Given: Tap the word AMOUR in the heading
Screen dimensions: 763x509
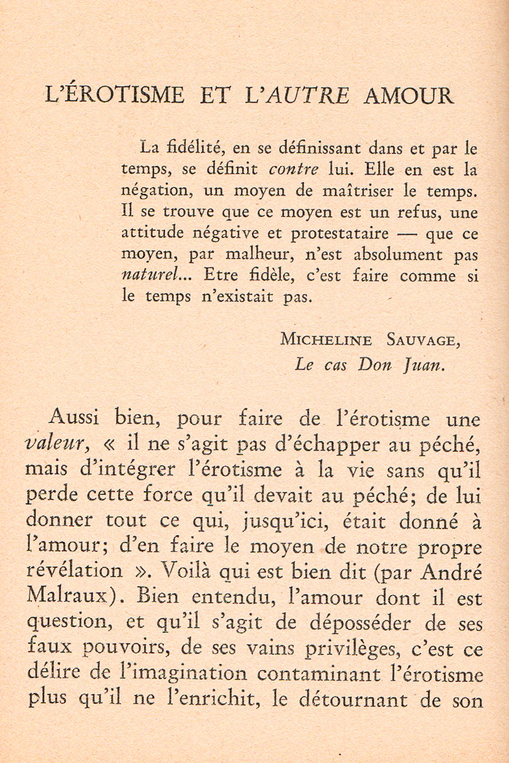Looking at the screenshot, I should point(408,95).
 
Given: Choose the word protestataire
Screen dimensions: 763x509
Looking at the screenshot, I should point(340,233).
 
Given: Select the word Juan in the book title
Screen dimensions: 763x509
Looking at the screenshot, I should point(425,365).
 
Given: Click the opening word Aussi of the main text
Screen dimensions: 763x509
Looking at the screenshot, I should point(74,418).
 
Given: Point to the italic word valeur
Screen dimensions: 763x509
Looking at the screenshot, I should point(55,444).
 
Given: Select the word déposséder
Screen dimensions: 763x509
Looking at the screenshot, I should point(360,623).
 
